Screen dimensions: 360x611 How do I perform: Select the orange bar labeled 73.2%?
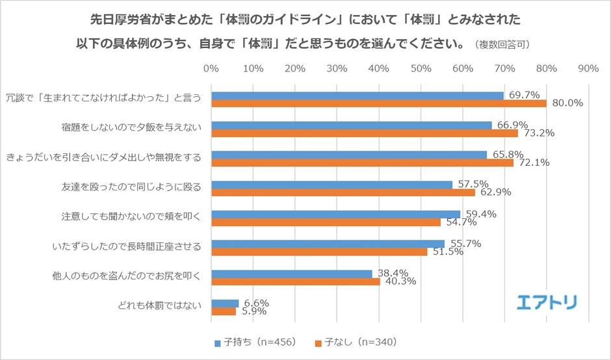click(x=364, y=133)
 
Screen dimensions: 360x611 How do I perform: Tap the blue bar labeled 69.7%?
click(x=357, y=96)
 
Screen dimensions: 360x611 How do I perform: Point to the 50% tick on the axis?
click(x=421, y=68)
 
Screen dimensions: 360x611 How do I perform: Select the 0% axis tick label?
click(x=211, y=68)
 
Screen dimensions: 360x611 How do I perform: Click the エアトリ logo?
click(x=547, y=302)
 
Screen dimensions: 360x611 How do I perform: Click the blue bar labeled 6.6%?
click(x=224, y=303)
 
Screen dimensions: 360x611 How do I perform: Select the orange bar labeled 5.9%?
click(x=223, y=311)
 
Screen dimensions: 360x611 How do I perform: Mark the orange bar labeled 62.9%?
click(x=343, y=192)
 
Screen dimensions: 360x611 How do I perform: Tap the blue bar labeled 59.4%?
click(x=335, y=214)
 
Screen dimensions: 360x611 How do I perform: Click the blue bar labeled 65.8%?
click(x=348, y=155)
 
